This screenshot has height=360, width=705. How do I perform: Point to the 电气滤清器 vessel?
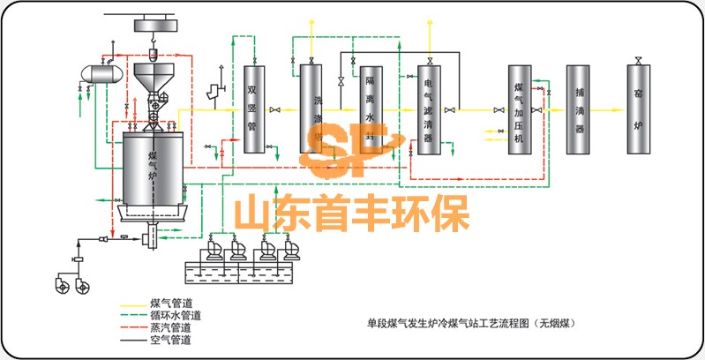pyautogui.click(x=429, y=109)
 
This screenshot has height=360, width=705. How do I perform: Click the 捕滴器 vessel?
pyautogui.click(x=578, y=109)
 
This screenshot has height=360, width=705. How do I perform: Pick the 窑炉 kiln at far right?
pyautogui.click(x=637, y=109)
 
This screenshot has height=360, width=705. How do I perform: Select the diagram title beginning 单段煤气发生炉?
pyautogui.click(x=476, y=323)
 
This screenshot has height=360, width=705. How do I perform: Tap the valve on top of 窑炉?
pyautogui.click(x=637, y=60)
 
